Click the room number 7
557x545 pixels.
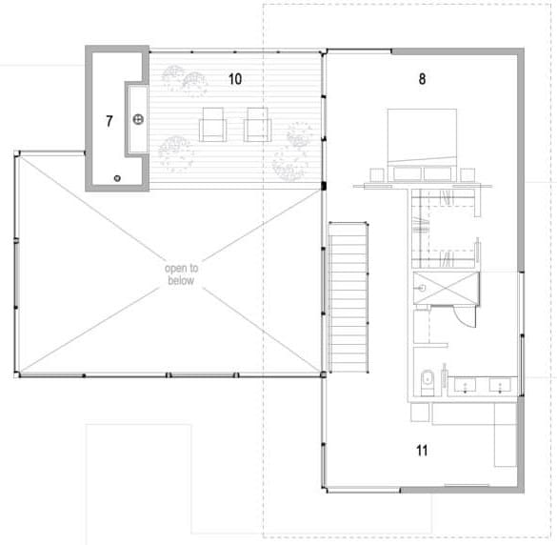click(109, 121)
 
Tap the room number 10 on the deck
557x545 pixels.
click(235, 79)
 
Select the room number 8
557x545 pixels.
click(422, 79)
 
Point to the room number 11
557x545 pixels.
click(422, 451)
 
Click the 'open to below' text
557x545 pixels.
click(181, 274)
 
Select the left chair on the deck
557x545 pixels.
click(212, 125)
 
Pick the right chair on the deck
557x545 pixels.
click(257, 125)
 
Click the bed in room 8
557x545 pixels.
click(422, 145)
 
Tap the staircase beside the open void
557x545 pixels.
click(348, 297)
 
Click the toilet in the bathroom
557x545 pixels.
click(427, 382)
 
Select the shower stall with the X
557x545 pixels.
click(447, 288)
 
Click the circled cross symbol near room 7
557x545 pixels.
click(138, 119)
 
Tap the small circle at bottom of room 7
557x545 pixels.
click(117, 178)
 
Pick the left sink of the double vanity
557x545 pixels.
click(466, 385)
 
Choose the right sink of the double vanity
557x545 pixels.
click(500, 385)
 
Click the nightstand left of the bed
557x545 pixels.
click(377, 174)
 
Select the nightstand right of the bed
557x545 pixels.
click(467, 174)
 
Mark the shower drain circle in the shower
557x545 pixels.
click(422, 288)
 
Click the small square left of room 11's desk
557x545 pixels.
click(420, 412)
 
